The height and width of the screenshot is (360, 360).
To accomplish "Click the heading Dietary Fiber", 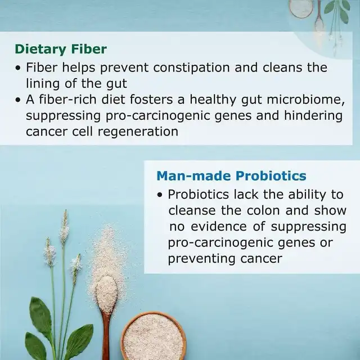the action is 61,49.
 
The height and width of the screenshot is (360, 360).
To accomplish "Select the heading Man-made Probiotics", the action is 231,176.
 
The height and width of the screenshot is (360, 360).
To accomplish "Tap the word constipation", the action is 191,67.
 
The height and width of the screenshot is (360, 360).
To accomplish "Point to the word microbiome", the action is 305,100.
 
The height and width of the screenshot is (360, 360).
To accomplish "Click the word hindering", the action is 313,115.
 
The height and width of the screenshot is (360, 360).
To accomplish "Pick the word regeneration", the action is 138,132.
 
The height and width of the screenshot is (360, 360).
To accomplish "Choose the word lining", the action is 43,84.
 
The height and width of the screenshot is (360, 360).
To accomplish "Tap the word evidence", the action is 219,226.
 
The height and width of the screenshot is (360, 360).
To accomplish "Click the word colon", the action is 263,210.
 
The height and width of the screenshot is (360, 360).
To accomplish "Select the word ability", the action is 307,195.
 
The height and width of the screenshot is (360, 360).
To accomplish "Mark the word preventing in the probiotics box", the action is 202,259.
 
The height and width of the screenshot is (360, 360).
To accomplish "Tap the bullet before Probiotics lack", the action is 160,195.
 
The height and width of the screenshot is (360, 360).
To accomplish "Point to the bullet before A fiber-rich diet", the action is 18,100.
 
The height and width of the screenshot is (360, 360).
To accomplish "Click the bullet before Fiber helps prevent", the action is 18,68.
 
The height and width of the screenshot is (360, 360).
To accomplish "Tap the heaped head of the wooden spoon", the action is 106,294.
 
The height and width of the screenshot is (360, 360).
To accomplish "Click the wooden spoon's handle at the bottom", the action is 106,337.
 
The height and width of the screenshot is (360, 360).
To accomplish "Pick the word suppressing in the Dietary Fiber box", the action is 63,116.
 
